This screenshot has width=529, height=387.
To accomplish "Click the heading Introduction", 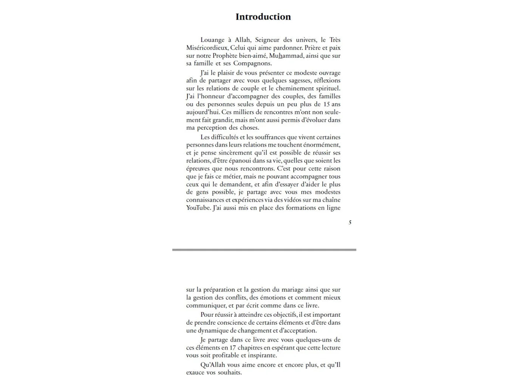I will (263, 17).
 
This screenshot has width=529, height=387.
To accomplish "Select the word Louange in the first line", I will (212, 40).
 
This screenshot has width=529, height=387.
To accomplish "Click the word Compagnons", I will (252, 63).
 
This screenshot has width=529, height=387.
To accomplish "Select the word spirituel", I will (327, 88).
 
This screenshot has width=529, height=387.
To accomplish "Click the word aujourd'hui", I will (203, 112).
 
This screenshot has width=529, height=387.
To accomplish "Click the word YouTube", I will (198, 208).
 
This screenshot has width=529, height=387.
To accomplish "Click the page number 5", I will (350, 223).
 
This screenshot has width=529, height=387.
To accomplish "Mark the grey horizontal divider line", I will (264, 250).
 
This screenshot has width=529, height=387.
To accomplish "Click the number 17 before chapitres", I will (233, 348).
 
